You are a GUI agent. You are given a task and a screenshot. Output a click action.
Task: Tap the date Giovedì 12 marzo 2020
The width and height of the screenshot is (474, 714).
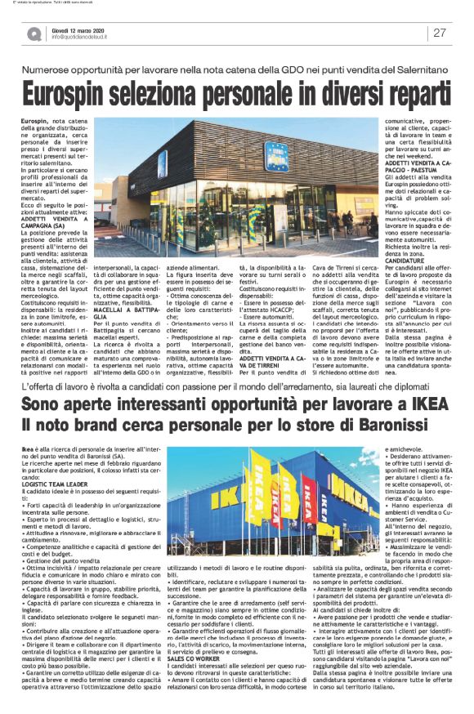pyautogui.click(x=74, y=28)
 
